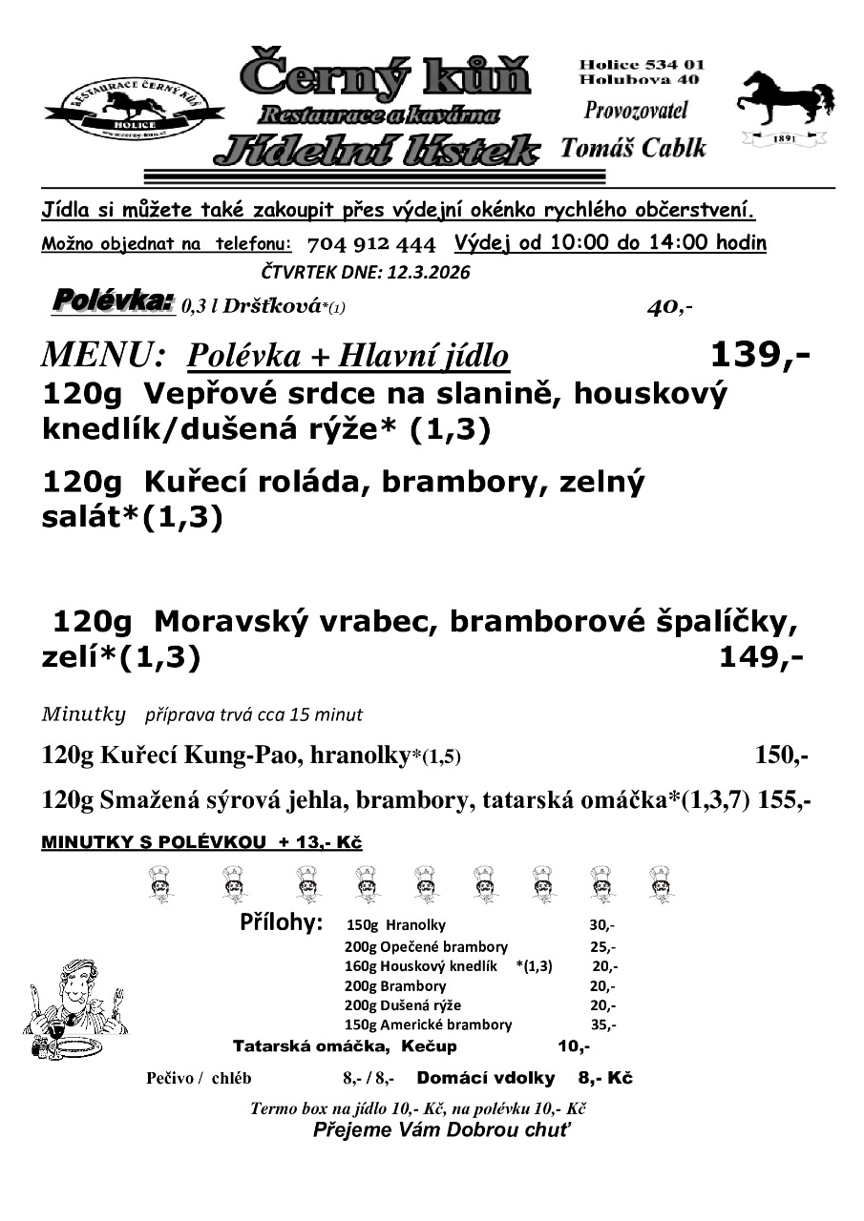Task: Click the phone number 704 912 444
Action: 372,243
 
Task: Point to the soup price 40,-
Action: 669,307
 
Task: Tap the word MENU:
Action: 104,356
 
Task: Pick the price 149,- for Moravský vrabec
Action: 761,657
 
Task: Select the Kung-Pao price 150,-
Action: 781,756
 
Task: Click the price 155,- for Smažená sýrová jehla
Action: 785,801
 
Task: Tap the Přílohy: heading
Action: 281,923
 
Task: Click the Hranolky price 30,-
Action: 601,924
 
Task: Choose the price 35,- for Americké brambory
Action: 601,1025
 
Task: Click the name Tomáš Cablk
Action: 633,148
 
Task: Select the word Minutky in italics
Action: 85,714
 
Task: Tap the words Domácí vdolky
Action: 486,1078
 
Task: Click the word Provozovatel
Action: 635,110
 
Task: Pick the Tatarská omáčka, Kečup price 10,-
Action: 573,1046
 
